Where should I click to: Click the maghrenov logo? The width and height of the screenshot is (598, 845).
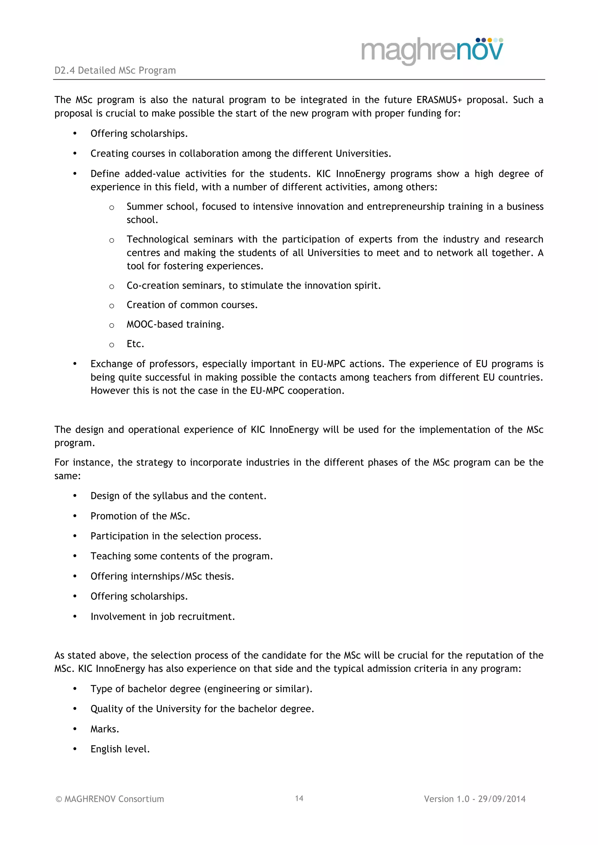(x=432, y=51)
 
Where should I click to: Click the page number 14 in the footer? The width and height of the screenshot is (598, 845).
(x=299, y=798)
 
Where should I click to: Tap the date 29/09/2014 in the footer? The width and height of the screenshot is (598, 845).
(x=502, y=799)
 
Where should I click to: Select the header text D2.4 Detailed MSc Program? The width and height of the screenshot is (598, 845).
(x=115, y=70)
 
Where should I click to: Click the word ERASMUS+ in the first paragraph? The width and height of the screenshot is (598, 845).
(x=439, y=100)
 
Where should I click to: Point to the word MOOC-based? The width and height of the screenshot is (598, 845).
(x=155, y=324)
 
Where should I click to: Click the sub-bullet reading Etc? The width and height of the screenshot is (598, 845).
(x=135, y=344)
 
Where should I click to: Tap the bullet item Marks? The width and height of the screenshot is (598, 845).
(x=105, y=729)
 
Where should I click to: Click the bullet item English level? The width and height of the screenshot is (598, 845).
(x=120, y=749)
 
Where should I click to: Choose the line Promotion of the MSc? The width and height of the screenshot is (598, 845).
(x=140, y=516)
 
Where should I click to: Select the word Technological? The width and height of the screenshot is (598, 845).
(x=158, y=239)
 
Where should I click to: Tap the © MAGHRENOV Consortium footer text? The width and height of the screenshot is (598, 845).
(x=110, y=799)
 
